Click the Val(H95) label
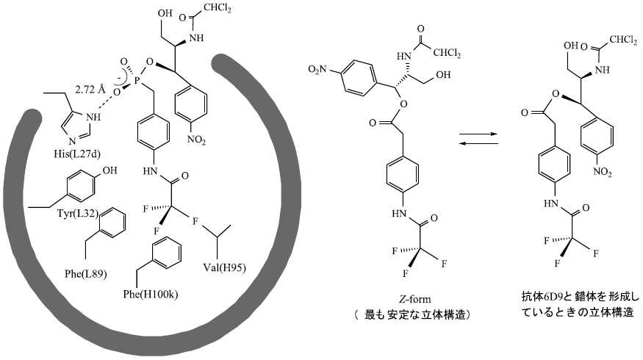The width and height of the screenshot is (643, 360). (224, 267)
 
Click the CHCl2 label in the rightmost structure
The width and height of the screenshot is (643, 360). (623, 40)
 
